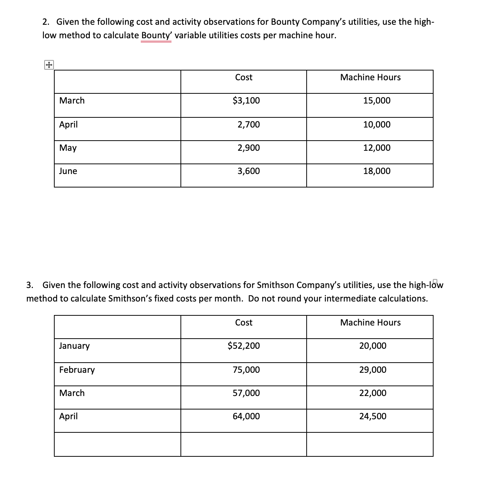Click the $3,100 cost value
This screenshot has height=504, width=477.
coord(246,100)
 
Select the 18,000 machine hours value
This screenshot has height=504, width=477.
coord(377,171)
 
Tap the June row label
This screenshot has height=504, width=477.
coord(68,171)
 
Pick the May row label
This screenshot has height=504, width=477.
coord(68,148)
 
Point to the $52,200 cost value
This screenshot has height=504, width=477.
coord(244,346)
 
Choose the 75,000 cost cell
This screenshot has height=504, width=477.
coord(246,370)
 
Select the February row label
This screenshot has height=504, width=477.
coord(77,370)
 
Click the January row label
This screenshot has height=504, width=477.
coord(75,346)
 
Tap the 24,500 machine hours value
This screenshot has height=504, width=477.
coord(373,416)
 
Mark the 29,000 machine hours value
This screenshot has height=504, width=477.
coord(373,370)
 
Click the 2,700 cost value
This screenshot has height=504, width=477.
coord(249,124)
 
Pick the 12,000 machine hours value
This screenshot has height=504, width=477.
coord(377,148)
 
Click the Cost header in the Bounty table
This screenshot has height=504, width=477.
coord(244,77)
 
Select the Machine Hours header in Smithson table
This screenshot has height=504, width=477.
coord(370,322)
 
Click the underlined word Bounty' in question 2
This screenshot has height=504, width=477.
coord(156,35)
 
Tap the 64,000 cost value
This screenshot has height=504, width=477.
coord(246,416)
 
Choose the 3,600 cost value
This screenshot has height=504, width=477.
coord(249,171)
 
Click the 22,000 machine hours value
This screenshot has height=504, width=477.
coord(373,393)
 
